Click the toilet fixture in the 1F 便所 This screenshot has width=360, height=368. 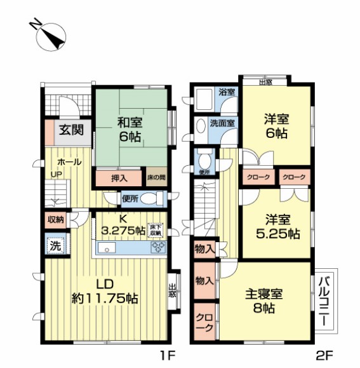tap(149, 199)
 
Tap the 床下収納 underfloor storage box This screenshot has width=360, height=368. tap(156, 229)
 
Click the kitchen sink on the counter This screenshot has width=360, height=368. tap(106, 248)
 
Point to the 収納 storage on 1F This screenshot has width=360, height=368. tap(55, 220)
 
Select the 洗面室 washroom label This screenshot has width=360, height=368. tap(223, 122)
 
